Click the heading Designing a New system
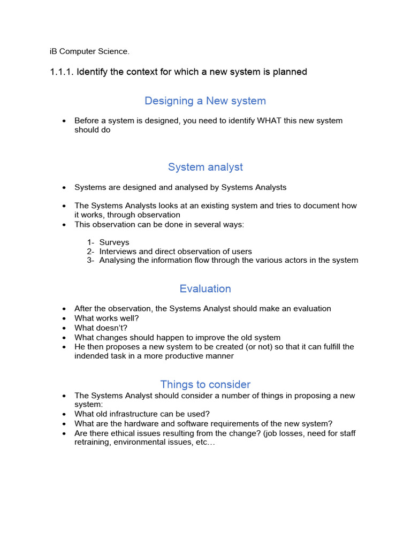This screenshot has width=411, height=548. tap(205, 101)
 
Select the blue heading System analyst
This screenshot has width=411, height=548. tap(205, 167)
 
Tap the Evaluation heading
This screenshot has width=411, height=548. tap(205, 289)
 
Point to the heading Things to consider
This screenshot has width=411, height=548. tap(205, 384)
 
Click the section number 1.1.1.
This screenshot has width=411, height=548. tap(62, 72)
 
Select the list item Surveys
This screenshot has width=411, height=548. tap(114, 242)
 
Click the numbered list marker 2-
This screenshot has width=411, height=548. tap(90, 252)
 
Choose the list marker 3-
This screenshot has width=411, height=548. tap(90, 261)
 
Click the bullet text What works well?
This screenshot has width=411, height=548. tap(106, 318)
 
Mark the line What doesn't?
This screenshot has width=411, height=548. tap(101, 328)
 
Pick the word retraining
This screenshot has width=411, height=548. tap(92, 443)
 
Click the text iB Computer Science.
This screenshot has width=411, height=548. tap(89, 52)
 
